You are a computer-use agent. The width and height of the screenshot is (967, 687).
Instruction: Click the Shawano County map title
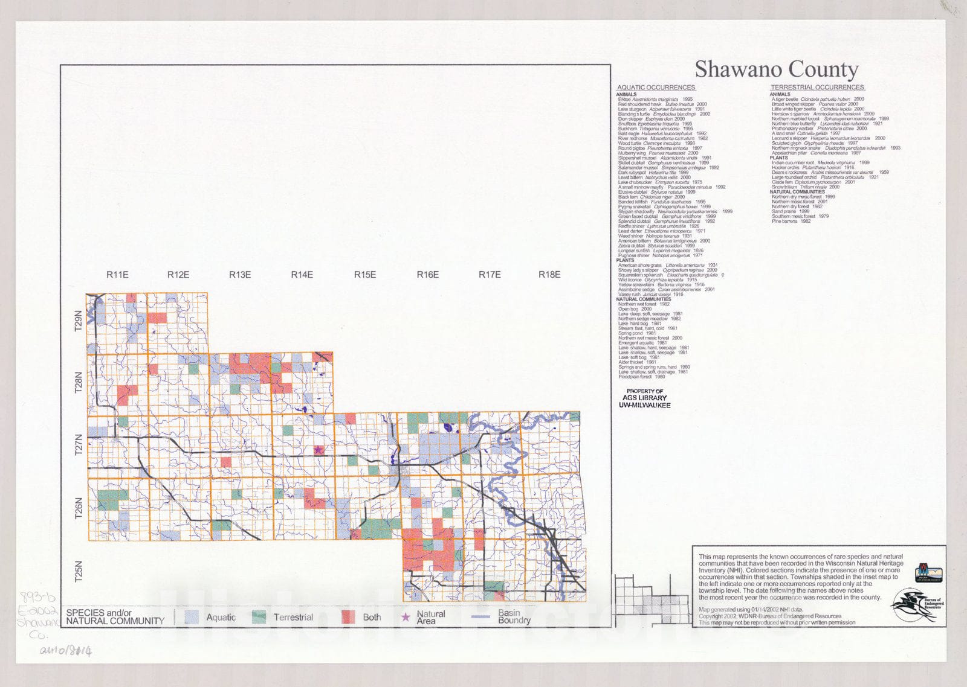click(776, 69)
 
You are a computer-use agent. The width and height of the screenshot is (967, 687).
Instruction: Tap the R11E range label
click(117, 275)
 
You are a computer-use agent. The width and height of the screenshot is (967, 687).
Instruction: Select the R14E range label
click(302, 275)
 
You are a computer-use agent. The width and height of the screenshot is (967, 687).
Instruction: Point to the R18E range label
click(549, 275)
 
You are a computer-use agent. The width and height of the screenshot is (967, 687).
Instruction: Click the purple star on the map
click(319, 450)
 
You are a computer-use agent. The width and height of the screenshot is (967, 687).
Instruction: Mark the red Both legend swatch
click(348, 617)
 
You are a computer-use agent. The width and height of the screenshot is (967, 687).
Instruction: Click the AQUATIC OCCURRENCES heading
click(656, 88)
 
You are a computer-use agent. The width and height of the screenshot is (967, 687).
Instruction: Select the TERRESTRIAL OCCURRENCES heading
click(817, 88)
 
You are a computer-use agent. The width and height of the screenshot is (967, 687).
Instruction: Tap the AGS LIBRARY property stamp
click(644, 398)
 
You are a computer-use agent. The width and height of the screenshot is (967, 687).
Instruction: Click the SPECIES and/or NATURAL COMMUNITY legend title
click(115, 616)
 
